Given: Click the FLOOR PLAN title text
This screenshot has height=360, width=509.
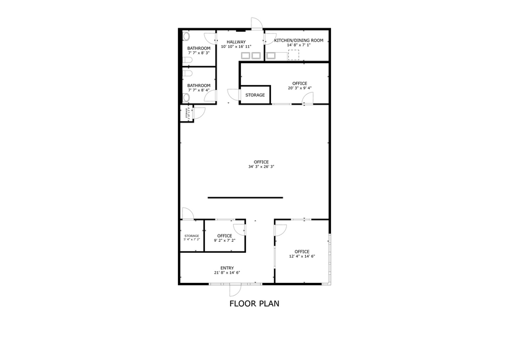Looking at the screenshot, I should (x=254, y=302).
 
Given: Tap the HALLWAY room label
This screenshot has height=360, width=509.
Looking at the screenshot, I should (x=236, y=42).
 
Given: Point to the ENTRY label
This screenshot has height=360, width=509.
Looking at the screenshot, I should (x=227, y=268).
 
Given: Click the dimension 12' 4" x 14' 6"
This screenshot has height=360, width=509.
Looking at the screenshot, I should (x=302, y=257).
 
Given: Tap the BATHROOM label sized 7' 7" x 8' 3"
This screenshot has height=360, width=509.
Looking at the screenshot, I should (x=199, y=48).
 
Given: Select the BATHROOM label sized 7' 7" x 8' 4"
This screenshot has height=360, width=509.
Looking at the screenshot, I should (x=199, y=86).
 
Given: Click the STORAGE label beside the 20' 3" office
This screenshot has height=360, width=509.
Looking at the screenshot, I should (x=255, y=95).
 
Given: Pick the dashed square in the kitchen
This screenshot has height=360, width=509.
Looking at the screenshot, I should (x=294, y=56).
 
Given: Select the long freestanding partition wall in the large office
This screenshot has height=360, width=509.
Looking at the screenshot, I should (x=245, y=197).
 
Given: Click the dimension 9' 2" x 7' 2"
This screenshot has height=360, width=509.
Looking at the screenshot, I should (x=224, y=241).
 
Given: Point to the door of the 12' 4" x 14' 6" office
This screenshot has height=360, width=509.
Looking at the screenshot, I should (x=280, y=230).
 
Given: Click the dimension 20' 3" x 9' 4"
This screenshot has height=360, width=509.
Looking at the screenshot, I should (x=300, y=88).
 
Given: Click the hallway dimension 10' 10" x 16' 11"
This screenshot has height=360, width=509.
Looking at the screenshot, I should (x=236, y=47).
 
